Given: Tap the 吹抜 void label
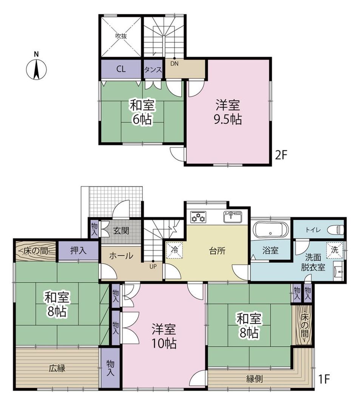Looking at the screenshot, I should coord(121,37).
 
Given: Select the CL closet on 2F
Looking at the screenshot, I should coord(121,69).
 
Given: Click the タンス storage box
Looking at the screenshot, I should coord(153,70).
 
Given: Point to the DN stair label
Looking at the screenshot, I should coord(174,63).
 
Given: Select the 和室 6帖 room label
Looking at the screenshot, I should coord(142,111).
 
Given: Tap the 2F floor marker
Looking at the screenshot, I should coord(282,155).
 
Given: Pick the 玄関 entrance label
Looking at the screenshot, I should coord(123,230).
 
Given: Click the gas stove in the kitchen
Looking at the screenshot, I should coord(198,217).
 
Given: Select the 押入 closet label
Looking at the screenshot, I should coord(78,250).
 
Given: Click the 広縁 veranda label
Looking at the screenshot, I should coord(56,368).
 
